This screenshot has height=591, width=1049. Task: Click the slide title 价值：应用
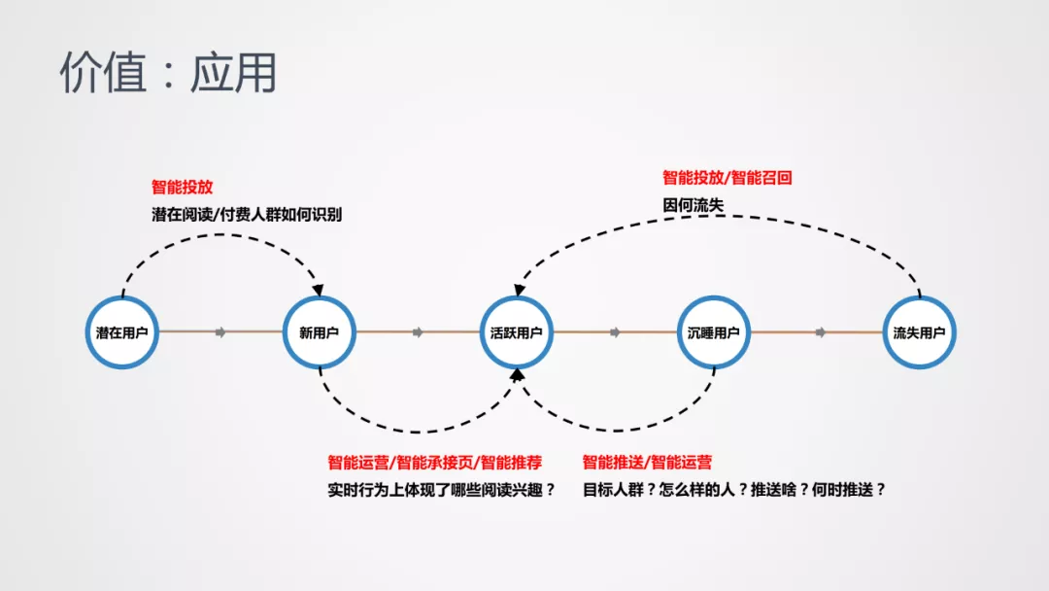coord(169,72)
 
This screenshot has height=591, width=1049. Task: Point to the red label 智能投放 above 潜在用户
coord(182,187)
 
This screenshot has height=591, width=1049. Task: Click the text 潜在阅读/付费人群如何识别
coord(247,214)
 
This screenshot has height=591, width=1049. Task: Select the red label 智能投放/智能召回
coord(728,177)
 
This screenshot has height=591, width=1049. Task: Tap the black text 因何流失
coord(694,205)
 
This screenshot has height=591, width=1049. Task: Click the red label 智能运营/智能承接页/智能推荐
coord(435,462)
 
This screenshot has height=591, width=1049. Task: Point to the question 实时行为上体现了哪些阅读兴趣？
coord(442,490)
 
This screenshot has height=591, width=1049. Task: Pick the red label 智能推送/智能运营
coord(647,462)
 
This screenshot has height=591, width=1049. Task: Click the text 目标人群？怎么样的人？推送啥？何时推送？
coord(734,490)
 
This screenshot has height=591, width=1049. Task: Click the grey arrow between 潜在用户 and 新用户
coord(220,332)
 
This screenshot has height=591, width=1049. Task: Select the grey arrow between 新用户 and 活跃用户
coord(418,332)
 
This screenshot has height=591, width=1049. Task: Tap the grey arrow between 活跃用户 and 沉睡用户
coord(615,332)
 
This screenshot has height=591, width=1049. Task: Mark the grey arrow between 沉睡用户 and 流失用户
coord(820,332)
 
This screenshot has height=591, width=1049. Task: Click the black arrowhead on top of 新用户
coord(318,290)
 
